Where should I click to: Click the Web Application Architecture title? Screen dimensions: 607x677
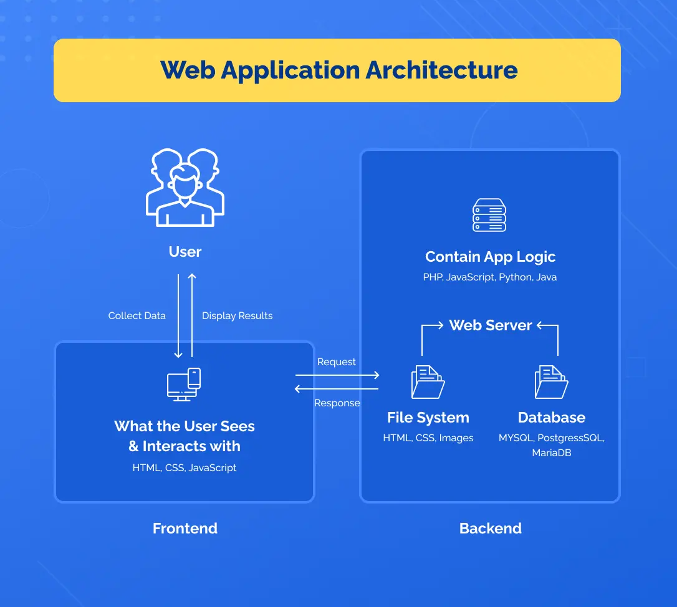pyautogui.click(x=338, y=70)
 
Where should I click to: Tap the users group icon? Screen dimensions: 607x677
pyautogui.click(x=185, y=187)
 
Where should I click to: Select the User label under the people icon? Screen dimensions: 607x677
pyautogui.click(x=185, y=252)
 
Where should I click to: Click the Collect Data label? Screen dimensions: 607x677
pyautogui.click(x=137, y=316)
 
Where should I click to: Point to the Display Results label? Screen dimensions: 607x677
pyautogui.click(x=237, y=316)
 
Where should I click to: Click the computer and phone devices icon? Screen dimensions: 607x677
pyautogui.click(x=184, y=385)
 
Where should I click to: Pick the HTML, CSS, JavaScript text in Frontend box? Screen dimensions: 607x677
pyautogui.click(x=185, y=468)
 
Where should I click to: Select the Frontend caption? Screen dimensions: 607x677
pyautogui.click(x=185, y=528)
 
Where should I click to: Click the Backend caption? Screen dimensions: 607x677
pyautogui.click(x=490, y=528)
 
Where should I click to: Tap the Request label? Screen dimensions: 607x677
pyautogui.click(x=337, y=362)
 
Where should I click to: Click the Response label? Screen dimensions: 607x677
pyautogui.click(x=337, y=403)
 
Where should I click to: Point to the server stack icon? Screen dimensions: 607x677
pyautogui.click(x=489, y=215)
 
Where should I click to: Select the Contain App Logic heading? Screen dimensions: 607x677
pyautogui.click(x=490, y=257)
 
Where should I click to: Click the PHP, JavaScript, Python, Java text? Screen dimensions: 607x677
pyautogui.click(x=490, y=277)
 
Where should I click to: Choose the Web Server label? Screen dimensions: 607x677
pyautogui.click(x=491, y=325)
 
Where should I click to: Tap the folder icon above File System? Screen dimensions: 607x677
pyautogui.click(x=428, y=382)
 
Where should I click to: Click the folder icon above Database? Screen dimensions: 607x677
pyautogui.click(x=551, y=382)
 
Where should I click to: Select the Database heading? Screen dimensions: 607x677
pyautogui.click(x=552, y=418)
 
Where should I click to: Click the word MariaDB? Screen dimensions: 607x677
pyautogui.click(x=552, y=453)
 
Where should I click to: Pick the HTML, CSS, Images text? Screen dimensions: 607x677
pyautogui.click(x=428, y=438)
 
